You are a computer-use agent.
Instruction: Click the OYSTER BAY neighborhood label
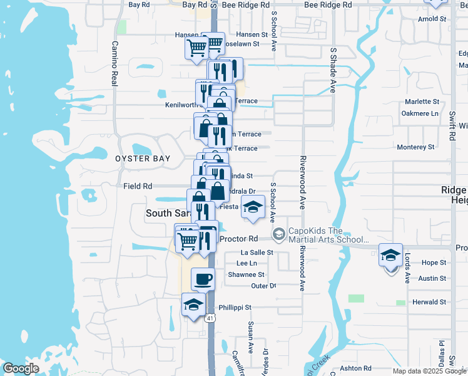(143, 159)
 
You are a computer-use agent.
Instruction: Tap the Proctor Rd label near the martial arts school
(245, 239)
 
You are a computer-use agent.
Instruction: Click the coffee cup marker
(202, 278)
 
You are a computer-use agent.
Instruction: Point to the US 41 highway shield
(211, 318)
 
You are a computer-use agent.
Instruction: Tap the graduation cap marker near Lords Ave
(391, 256)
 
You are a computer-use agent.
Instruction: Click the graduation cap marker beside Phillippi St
(193, 305)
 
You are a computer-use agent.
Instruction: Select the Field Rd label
(138, 186)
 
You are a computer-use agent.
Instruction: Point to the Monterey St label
(415, 147)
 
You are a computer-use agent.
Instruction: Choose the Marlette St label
(420, 102)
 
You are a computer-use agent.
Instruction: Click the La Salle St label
(258, 252)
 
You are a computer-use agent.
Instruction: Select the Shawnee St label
(247, 274)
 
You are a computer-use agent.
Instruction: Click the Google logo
(21, 368)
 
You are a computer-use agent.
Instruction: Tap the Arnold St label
(432, 19)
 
